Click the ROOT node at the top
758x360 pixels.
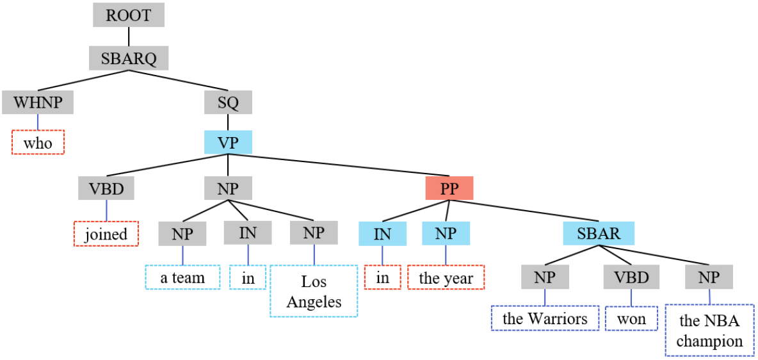click(128, 15)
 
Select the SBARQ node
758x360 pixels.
click(128, 58)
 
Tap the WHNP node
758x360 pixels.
click(38, 102)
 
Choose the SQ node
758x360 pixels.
click(229, 102)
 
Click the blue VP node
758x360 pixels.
click(229, 142)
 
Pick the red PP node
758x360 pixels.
click(449, 188)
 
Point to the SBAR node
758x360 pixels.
click(599, 233)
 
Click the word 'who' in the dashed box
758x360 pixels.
click(38, 143)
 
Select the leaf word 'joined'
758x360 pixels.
click(106, 234)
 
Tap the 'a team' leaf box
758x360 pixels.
click(182, 277)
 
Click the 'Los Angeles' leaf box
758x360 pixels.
click(314, 291)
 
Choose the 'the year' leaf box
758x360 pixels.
click(446, 278)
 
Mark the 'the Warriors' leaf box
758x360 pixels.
click(545, 318)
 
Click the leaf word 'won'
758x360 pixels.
click(631, 318)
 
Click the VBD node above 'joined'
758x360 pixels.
click(106, 188)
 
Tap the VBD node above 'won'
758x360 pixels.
click(631, 277)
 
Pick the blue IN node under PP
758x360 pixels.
click(382, 233)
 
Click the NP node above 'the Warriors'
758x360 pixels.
click(545, 277)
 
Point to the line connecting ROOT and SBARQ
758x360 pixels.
click(128, 37)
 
